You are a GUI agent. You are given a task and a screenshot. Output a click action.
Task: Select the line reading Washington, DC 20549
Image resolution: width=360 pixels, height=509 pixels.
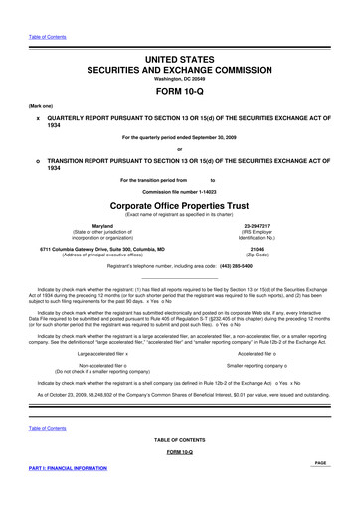coord(179,83)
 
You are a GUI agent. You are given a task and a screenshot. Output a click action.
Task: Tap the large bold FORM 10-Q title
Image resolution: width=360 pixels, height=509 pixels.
coord(179,97)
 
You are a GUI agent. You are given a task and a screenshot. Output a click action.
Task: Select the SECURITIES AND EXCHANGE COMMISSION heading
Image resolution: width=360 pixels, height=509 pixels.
coord(179,72)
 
